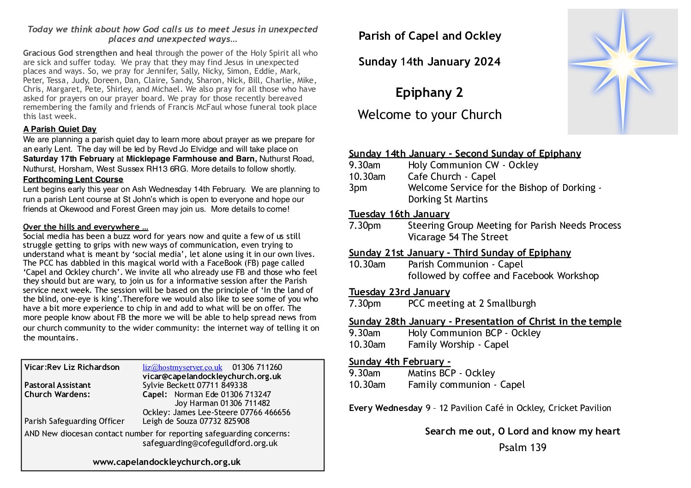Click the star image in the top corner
pos(622,71)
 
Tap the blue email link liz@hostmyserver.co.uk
pos(182,368)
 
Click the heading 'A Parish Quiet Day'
pos(60,130)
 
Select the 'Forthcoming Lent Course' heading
pos(73,179)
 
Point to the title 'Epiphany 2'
pos(429,93)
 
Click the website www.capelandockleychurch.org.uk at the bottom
pos(167,462)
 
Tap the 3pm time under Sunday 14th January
pos(358,188)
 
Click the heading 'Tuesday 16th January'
pos(399,214)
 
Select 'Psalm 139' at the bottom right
pos(522,447)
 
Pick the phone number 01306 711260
pos(257,368)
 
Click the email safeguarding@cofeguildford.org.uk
pos(210,443)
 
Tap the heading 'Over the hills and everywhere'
pos(85,227)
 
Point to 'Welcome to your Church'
pos(429,115)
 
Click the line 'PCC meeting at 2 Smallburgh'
pos(472,304)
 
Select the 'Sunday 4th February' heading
pos(399,362)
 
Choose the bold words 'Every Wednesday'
pos(385,408)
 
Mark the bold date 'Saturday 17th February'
pos(69,159)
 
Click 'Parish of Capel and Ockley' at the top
pos(429,36)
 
